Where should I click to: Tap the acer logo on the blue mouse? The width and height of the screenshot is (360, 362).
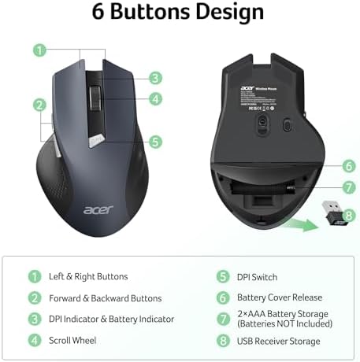pyautogui.click(x=96, y=209)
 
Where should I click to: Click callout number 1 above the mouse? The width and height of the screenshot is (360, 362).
pyautogui.click(x=38, y=50)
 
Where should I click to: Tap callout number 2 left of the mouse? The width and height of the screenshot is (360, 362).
pyautogui.click(x=38, y=105)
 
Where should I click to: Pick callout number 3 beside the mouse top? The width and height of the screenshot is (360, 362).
pyautogui.click(x=156, y=78)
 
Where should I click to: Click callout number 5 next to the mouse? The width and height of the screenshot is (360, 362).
pyautogui.click(x=156, y=142)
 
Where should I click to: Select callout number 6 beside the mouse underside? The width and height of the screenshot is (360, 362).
pyautogui.click(x=348, y=166)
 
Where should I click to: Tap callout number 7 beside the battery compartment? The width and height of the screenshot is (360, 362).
pyautogui.click(x=348, y=187)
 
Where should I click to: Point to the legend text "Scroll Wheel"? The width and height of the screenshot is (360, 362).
pyautogui.click(x=72, y=341)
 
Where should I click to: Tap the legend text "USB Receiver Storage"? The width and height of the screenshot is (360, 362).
pyautogui.click(x=279, y=342)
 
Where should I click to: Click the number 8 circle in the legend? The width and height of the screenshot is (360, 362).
pyautogui.click(x=222, y=342)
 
